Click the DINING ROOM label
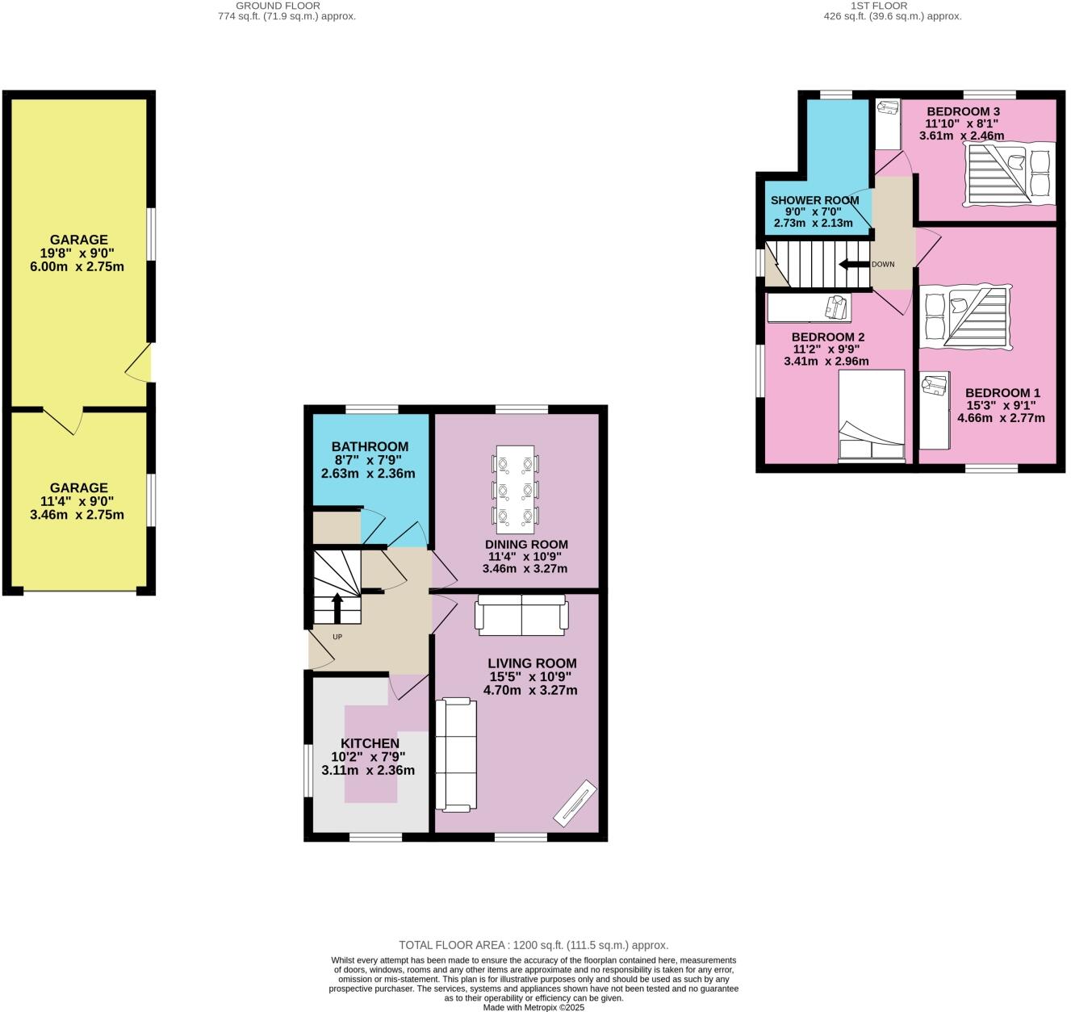526,544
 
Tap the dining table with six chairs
515,489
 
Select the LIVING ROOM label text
532,663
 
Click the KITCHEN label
370,743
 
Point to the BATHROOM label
370,446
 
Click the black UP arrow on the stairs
337,607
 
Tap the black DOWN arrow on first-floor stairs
854,265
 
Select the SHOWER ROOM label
814,200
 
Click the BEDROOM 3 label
963,111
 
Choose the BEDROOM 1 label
1002,393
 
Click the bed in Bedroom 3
1010,172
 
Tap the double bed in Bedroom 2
872,416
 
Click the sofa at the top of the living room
521,615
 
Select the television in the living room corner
575,803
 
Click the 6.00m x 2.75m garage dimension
77,266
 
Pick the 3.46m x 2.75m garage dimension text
77,514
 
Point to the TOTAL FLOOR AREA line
533,945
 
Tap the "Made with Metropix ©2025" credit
533,1007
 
